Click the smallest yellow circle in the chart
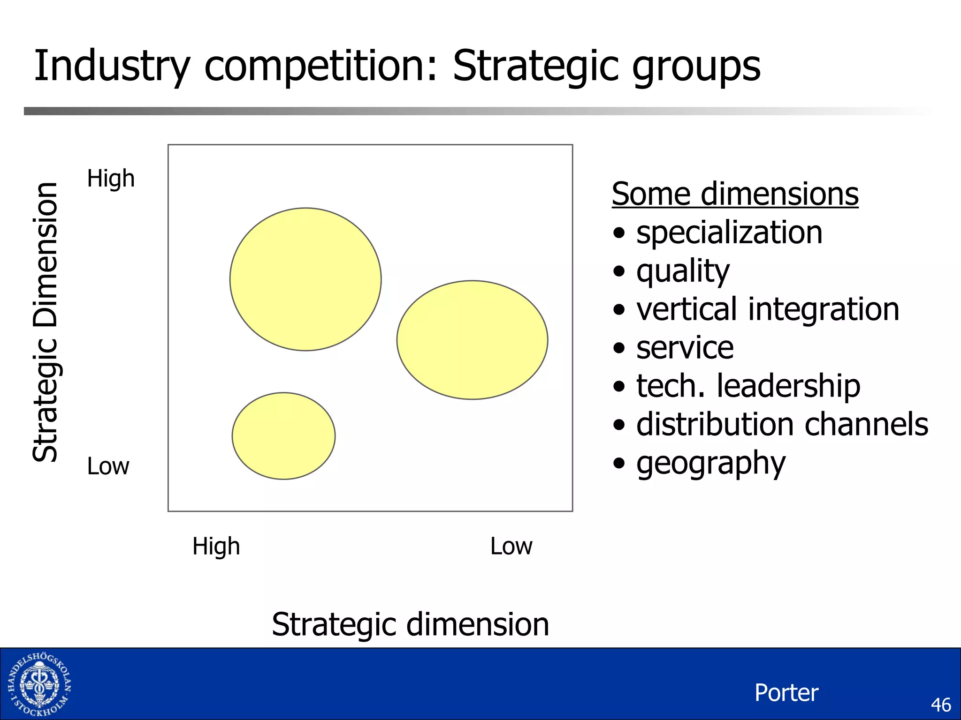click(x=283, y=436)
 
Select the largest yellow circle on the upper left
click(x=305, y=279)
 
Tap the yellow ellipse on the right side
click(x=472, y=340)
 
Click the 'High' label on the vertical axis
click(x=111, y=179)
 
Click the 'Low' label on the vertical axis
click(x=108, y=466)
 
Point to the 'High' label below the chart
click(x=216, y=547)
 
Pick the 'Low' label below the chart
click(x=511, y=547)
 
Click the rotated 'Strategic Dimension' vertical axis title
click(x=46, y=322)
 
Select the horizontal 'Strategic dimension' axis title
click(x=410, y=625)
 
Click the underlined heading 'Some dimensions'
click(x=735, y=194)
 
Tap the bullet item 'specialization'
click(x=729, y=232)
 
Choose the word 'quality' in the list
click(x=683, y=271)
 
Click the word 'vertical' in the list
click(x=687, y=309)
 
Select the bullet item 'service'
click(x=685, y=348)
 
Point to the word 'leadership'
click(x=788, y=386)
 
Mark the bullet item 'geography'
click(x=710, y=464)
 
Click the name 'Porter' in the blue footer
click(x=786, y=693)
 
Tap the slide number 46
click(x=940, y=705)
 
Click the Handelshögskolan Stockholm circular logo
click(x=39, y=684)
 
